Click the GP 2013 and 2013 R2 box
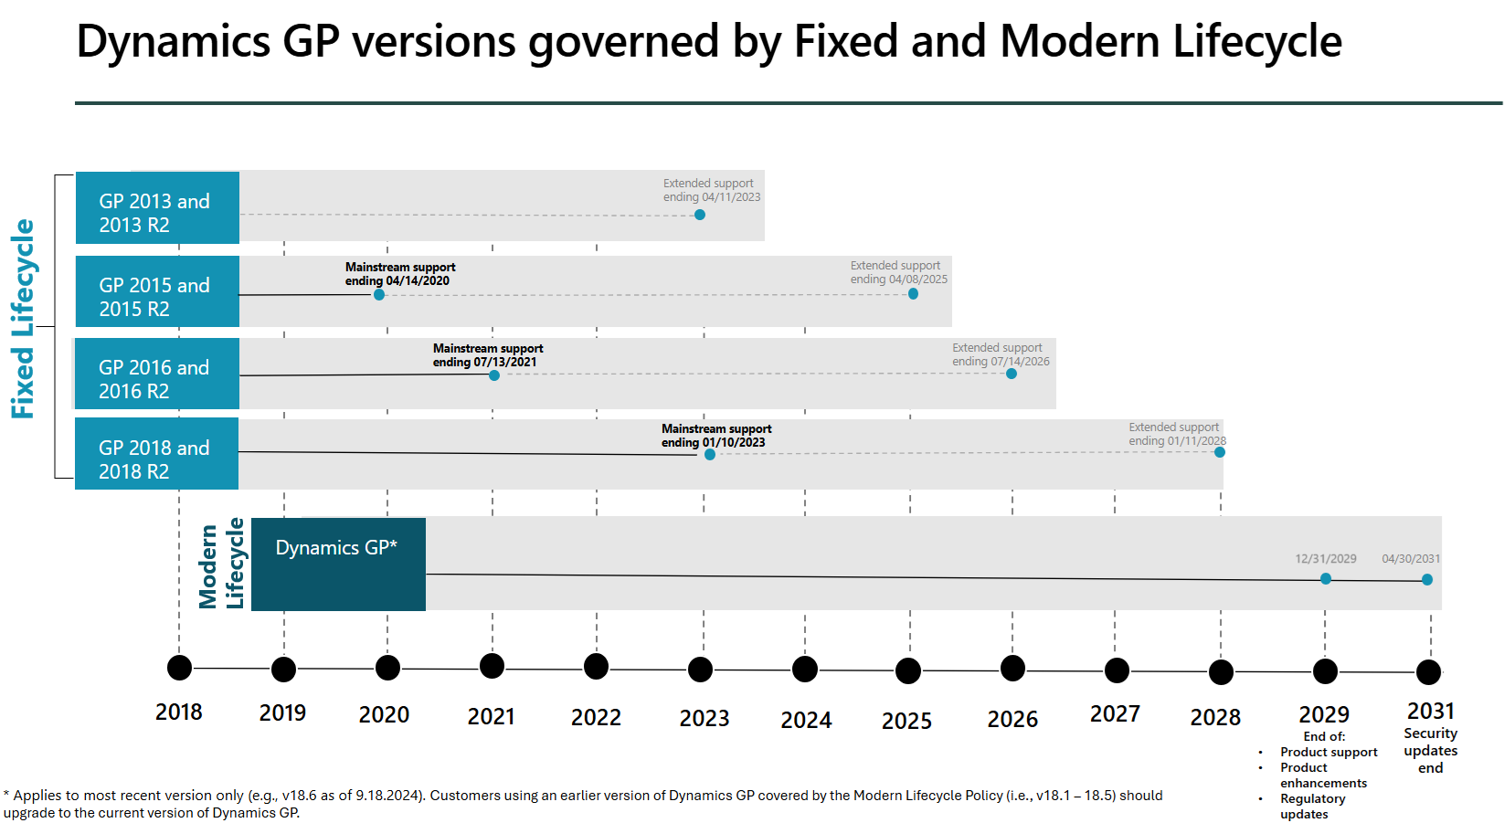pos(157,208)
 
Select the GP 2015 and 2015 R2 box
pos(157,291)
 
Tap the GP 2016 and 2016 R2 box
pos(157,374)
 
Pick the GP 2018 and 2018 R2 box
pos(157,454)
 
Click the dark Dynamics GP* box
pos(338,564)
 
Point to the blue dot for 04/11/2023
pos(700,215)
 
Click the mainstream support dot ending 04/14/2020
pos(379,294)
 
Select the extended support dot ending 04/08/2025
pos(913,293)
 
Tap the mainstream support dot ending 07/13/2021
pos(494,375)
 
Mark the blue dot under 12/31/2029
pos(1326,578)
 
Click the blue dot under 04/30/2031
pos(1427,579)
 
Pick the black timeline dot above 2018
pos(180,668)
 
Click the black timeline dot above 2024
pos(805,670)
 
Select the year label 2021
pos(492,717)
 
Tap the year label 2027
pos(1115,714)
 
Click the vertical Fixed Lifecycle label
pos(23,319)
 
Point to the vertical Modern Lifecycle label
pos(222,564)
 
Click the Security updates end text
pos(1431,751)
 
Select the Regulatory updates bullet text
pos(1313,806)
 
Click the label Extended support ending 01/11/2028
pos(1176,434)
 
